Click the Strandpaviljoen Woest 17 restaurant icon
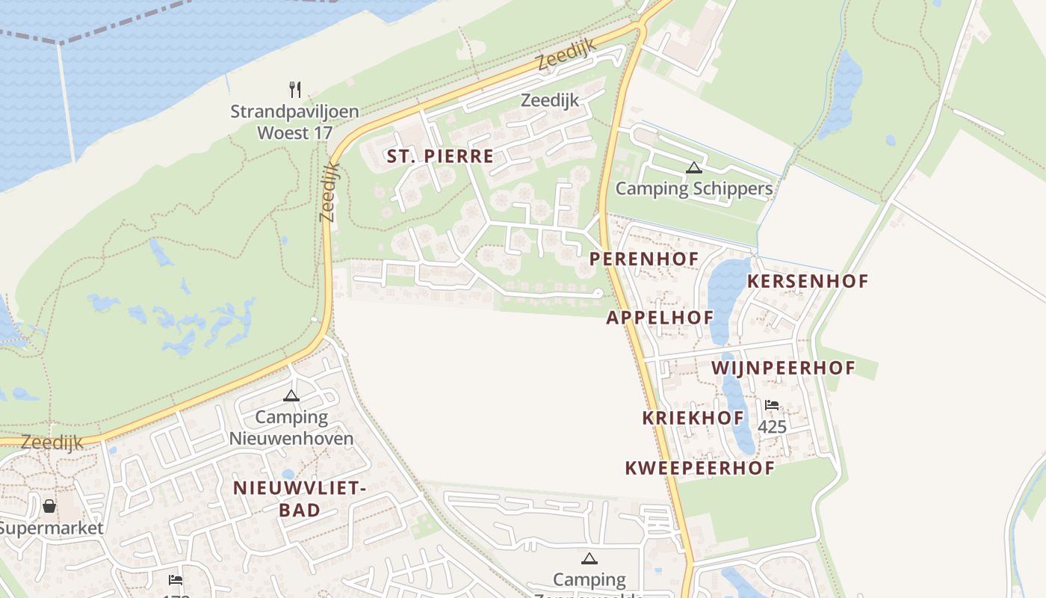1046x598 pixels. (295, 90)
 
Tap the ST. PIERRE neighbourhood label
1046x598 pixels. (440, 156)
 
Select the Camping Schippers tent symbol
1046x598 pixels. (694, 168)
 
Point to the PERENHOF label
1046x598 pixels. (644, 259)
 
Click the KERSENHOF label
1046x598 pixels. (808, 282)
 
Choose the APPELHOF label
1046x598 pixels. (660, 318)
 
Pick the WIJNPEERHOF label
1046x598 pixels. (783, 369)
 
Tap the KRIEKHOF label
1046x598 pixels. (693, 419)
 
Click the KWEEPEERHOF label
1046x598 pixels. (699, 469)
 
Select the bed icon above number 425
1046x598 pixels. (772, 405)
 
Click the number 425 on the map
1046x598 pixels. (772, 427)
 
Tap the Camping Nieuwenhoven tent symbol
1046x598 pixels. (291, 395)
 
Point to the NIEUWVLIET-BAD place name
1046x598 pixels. (300, 499)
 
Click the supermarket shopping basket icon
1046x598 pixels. (49, 507)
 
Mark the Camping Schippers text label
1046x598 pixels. (694, 188)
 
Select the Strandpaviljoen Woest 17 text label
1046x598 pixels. (294, 123)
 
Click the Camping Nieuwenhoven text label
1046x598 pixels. (291, 428)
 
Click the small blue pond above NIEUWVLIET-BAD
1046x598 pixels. (288, 474)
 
